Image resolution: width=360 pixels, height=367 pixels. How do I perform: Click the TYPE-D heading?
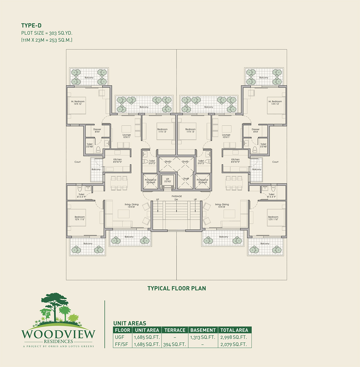[31, 26]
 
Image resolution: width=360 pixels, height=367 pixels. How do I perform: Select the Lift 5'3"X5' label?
[167, 180]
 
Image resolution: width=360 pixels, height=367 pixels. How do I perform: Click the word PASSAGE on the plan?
[177, 196]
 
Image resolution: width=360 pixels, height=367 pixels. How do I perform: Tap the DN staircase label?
[176, 200]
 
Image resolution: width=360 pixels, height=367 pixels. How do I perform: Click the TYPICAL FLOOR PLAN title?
[177, 288]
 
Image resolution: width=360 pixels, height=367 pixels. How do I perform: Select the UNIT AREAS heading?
[130, 323]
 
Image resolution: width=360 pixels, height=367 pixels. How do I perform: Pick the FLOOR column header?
[123, 330]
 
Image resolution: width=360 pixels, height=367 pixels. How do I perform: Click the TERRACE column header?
[175, 330]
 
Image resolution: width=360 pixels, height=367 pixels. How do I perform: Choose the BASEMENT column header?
[203, 330]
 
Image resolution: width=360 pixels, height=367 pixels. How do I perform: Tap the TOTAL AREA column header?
[234, 330]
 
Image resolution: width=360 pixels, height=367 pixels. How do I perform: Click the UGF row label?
[120, 337]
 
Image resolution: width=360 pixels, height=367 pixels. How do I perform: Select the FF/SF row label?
[121, 344]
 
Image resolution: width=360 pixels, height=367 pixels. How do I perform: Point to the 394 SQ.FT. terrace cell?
[175, 344]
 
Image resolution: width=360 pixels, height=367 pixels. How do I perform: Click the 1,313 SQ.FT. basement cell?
[203, 337]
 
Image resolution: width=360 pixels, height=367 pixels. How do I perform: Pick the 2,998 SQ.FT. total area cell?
[234, 337]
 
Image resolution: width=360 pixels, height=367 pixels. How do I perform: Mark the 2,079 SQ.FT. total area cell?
[234, 344]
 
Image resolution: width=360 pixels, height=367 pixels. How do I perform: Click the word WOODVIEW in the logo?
[58, 334]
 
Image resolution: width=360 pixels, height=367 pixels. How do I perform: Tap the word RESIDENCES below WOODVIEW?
[58, 341]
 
